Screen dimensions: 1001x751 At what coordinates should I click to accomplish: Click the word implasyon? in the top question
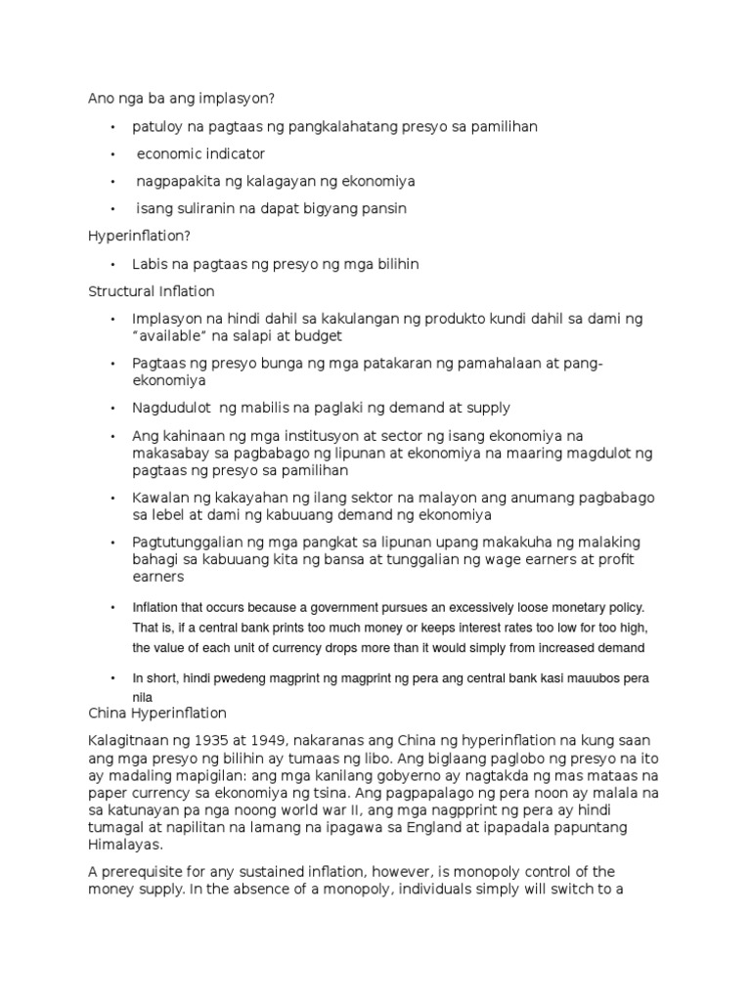pos(238,98)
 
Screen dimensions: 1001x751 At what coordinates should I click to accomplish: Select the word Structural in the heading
pos(120,291)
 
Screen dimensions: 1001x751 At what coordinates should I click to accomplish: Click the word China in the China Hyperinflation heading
pos(107,713)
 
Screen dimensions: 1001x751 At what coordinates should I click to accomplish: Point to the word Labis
pos(150,264)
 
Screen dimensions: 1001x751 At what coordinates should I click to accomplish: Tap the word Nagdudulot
pos(173,408)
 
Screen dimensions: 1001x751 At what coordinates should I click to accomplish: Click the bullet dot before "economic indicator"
pos(113,154)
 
